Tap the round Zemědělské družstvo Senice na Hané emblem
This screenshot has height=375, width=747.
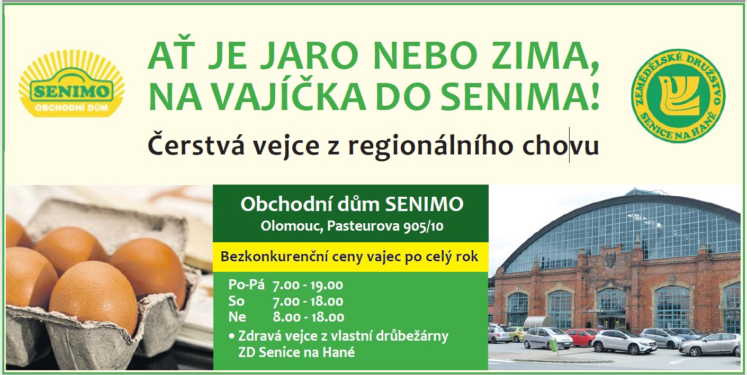678,96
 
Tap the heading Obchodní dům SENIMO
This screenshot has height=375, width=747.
352,204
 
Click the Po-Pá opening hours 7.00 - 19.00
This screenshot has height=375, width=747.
308,285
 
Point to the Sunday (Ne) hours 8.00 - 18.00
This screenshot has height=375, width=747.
308,317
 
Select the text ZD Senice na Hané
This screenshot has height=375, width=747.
296,352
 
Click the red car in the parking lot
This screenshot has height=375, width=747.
581,336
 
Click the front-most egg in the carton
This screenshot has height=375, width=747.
93,296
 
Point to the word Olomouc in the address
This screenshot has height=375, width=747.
291,227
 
